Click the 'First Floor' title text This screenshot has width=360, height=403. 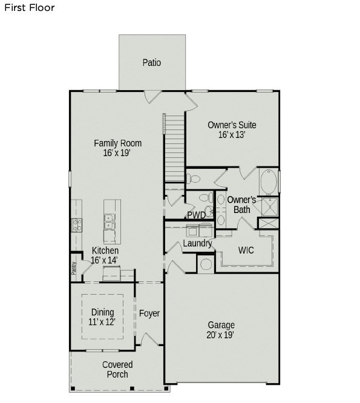(29, 8)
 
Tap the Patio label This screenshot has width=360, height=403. (152, 62)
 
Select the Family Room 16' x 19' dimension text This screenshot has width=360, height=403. (117, 154)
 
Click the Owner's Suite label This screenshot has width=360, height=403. (232, 125)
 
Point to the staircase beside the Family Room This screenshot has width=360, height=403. (174, 148)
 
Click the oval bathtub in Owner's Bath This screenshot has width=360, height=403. (269, 180)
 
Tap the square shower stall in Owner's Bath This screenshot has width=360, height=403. (269, 206)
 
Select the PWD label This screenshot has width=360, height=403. (195, 215)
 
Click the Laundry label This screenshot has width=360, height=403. (197, 244)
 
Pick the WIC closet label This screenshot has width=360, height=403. (246, 249)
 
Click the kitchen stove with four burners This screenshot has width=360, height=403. (77, 226)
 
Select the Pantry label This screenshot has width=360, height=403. (74, 267)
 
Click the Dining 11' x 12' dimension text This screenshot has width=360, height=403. (103, 323)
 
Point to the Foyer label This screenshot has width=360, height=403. (149, 313)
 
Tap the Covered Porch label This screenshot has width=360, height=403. (117, 369)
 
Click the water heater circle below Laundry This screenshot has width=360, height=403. (206, 264)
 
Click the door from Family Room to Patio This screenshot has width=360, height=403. (153, 96)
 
